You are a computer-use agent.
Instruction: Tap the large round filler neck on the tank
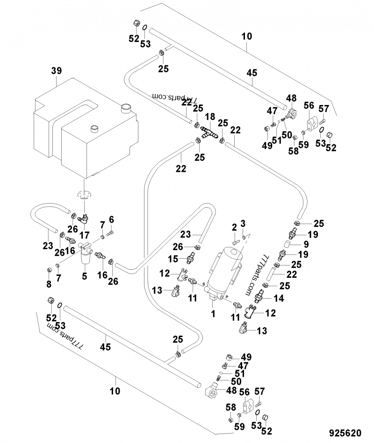tap(126, 108)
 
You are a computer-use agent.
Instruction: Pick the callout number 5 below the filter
tap(111, 219)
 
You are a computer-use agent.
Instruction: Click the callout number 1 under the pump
tap(213, 314)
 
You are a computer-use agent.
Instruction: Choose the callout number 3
tap(243, 222)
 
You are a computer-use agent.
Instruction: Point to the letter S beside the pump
tap(204, 284)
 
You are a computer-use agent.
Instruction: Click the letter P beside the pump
tap(227, 295)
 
